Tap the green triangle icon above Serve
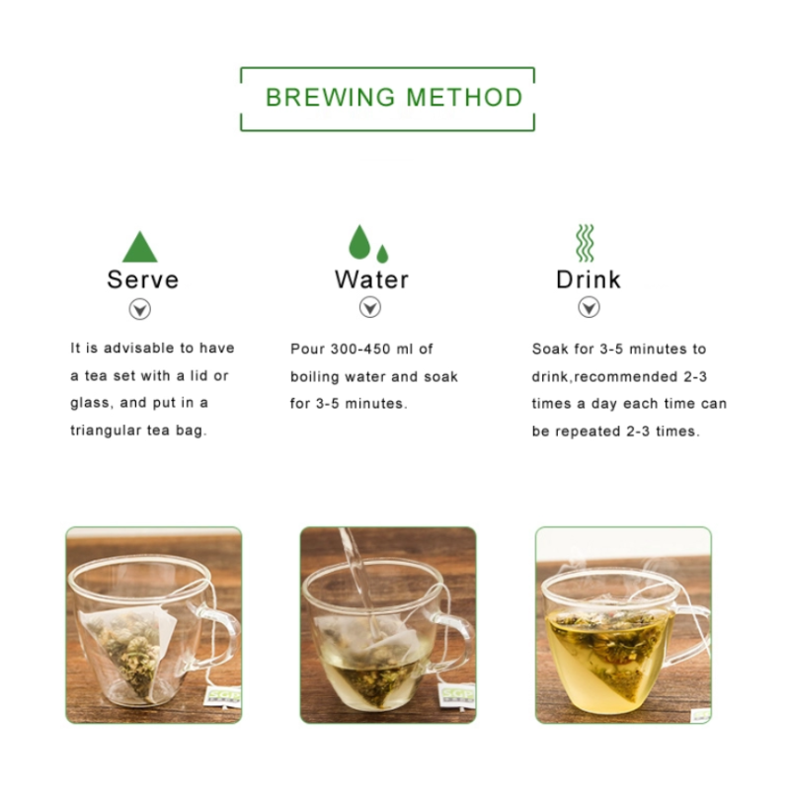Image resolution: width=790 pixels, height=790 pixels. (140, 247)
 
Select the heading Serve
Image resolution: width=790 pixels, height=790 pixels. (143, 279)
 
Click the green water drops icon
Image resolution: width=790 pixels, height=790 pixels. (367, 244)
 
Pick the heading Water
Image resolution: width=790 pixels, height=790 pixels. (371, 279)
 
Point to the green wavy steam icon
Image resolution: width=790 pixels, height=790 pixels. (586, 243)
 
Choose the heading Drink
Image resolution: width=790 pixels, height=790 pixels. (589, 279)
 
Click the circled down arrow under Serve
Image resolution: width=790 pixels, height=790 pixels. (141, 309)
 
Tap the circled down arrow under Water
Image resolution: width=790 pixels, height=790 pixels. (369, 308)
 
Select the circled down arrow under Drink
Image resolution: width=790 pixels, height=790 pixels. (589, 308)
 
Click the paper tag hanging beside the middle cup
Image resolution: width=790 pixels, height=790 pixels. (456, 695)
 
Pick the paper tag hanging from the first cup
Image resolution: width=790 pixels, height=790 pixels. (224, 697)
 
